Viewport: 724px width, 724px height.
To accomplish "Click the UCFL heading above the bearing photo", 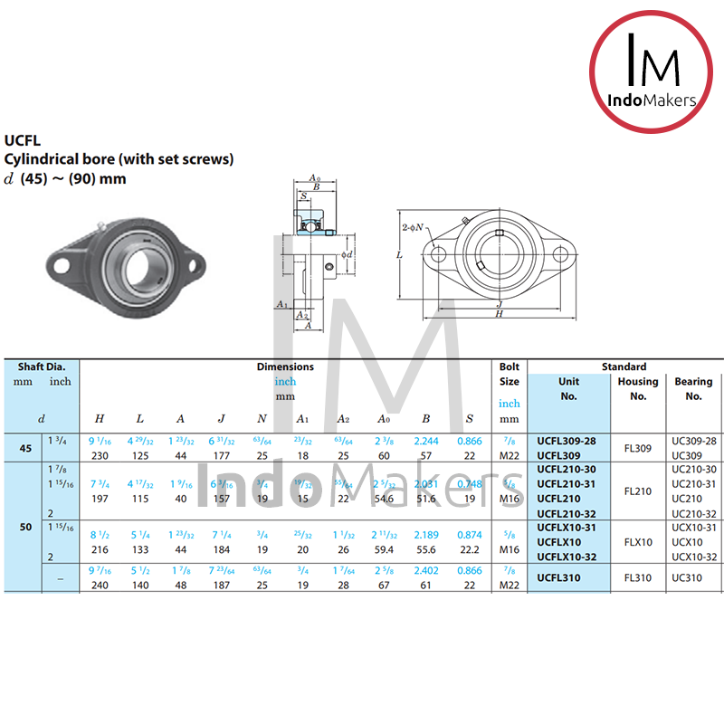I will [23, 140].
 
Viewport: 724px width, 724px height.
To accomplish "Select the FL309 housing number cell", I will [638, 448].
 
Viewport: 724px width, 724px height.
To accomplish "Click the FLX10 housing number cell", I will [638, 542].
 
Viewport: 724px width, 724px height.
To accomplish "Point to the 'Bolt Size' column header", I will [510, 374].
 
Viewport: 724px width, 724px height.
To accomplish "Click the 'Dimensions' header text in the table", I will [285, 367].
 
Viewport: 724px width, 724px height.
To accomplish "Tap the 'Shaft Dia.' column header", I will [42, 367].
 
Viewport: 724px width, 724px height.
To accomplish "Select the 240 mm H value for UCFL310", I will [99, 585].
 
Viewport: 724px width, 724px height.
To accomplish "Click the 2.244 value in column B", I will [425, 441].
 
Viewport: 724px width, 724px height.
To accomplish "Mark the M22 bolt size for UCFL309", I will [510, 455].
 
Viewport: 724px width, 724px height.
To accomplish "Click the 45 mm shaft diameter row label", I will [25, 448].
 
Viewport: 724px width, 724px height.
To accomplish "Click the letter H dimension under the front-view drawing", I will [499, 313].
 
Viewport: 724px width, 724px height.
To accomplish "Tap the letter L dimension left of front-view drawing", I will [399, 256].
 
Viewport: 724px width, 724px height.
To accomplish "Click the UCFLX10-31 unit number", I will [567, 528].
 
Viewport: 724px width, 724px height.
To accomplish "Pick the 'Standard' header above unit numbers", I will [624, 367].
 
